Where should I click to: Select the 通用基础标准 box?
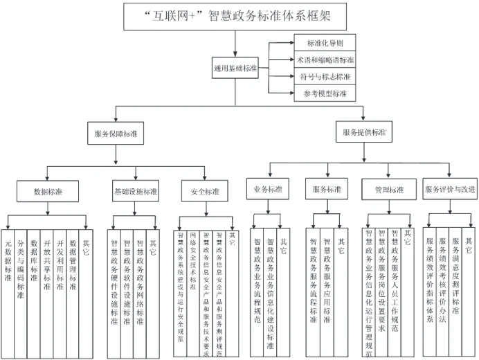tap(235, 68)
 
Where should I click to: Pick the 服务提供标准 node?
tap(364, 132)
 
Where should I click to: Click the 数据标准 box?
tap(48, 190)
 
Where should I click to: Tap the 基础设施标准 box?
tap(136, 190)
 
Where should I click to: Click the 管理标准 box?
tap(389, 190)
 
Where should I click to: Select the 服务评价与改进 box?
tap(449, 188)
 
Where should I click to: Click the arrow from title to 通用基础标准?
tap(235, 43)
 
